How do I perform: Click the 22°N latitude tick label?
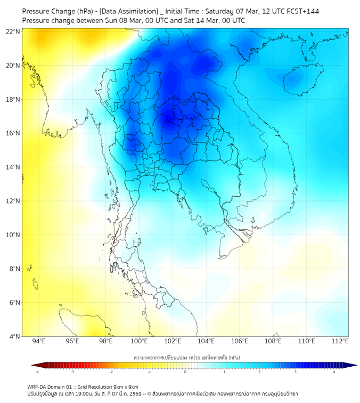[x=13, y=31]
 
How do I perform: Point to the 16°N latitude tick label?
[x=13, y=133]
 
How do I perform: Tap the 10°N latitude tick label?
[x=13, y=235]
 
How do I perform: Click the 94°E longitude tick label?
[x=39, y=341]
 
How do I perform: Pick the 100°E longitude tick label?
[x=140, y=341]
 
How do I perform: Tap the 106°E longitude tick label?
[x=240, y=341]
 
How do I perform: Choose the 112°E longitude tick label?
[x=340, y=341]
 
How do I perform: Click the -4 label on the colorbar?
[x=37, y=372]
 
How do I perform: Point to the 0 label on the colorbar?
[x=185, y=372]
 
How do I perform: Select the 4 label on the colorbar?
[x=334, y=372]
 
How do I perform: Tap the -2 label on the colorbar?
[x=111, y=372]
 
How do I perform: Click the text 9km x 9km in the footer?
[x=125, y=386]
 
